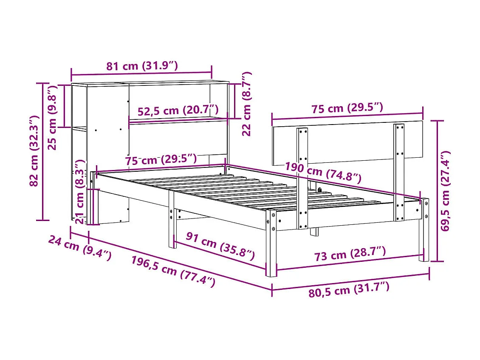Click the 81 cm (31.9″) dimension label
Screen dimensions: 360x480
tap(141, 66)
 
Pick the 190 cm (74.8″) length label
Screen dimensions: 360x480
tap(323, 172)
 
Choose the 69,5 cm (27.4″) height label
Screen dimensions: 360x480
tap(446, 191)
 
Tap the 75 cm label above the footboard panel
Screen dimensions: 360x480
tap(347, 108)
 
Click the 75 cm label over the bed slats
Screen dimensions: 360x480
tap(161, 159)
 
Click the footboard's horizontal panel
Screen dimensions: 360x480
tap(348, 142)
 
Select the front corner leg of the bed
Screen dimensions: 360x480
tap(271, 242)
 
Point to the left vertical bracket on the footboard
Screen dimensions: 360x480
tap(302, 179)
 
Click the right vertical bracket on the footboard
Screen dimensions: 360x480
tap(399, 172)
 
